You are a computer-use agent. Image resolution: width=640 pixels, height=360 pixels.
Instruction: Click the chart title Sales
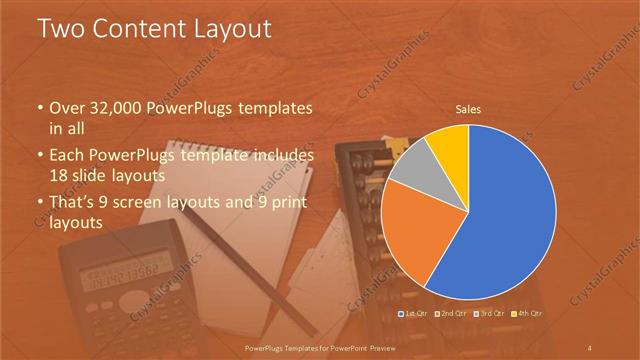click(469, 109)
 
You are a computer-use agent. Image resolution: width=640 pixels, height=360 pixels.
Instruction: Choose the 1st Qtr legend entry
click(417, 314)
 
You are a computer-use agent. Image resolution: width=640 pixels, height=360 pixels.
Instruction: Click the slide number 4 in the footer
click(590, 347)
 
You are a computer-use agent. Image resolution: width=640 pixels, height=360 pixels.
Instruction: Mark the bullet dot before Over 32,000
click(40, 108)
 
